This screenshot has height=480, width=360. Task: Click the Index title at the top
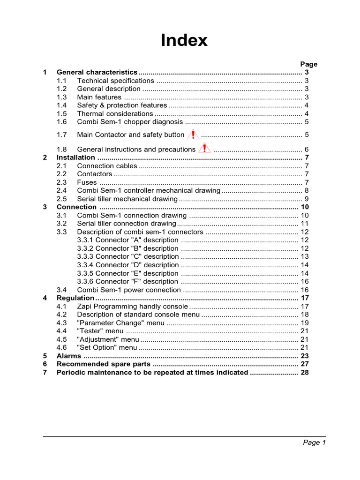pyautogui.click(x=184, y=40)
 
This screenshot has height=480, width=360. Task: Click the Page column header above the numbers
pyautogui.click(x=308, y=64)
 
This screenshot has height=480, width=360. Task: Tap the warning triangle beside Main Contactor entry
pyautogui.click(x=193, y=135)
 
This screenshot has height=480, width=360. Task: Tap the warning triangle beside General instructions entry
pyautogui.click(x=204, y=149)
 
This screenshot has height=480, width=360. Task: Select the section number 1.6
pyautogui.click(x=62, y=122)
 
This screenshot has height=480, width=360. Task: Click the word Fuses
pyautogui.click(x=87, y=182)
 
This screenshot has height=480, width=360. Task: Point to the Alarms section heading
pyautogui.click(x=69, y=356)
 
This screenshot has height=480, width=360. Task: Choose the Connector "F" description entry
pyautogui.click(x=127, y=282)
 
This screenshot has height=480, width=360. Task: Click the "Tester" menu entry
pyautogui.click(x=100, y=331)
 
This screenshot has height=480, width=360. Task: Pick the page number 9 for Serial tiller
pyautogui.click(x=306, y=199)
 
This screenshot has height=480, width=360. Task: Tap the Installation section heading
pyautogui.click(x=75, y=157)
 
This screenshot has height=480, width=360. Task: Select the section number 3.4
pyautogui.click(x=62, y=290)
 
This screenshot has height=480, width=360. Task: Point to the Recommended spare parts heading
pyautogui.click(x=103, y=364)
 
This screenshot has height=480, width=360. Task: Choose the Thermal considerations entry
pyautogui.click(x=115, y=113)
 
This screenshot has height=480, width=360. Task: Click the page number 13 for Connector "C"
pyautogui.click(x=304, y=257)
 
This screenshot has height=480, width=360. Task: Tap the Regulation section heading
pyautogui.click(x=75, y=298)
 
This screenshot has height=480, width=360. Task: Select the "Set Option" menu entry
pyautogui.click(x=107, y=348)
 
